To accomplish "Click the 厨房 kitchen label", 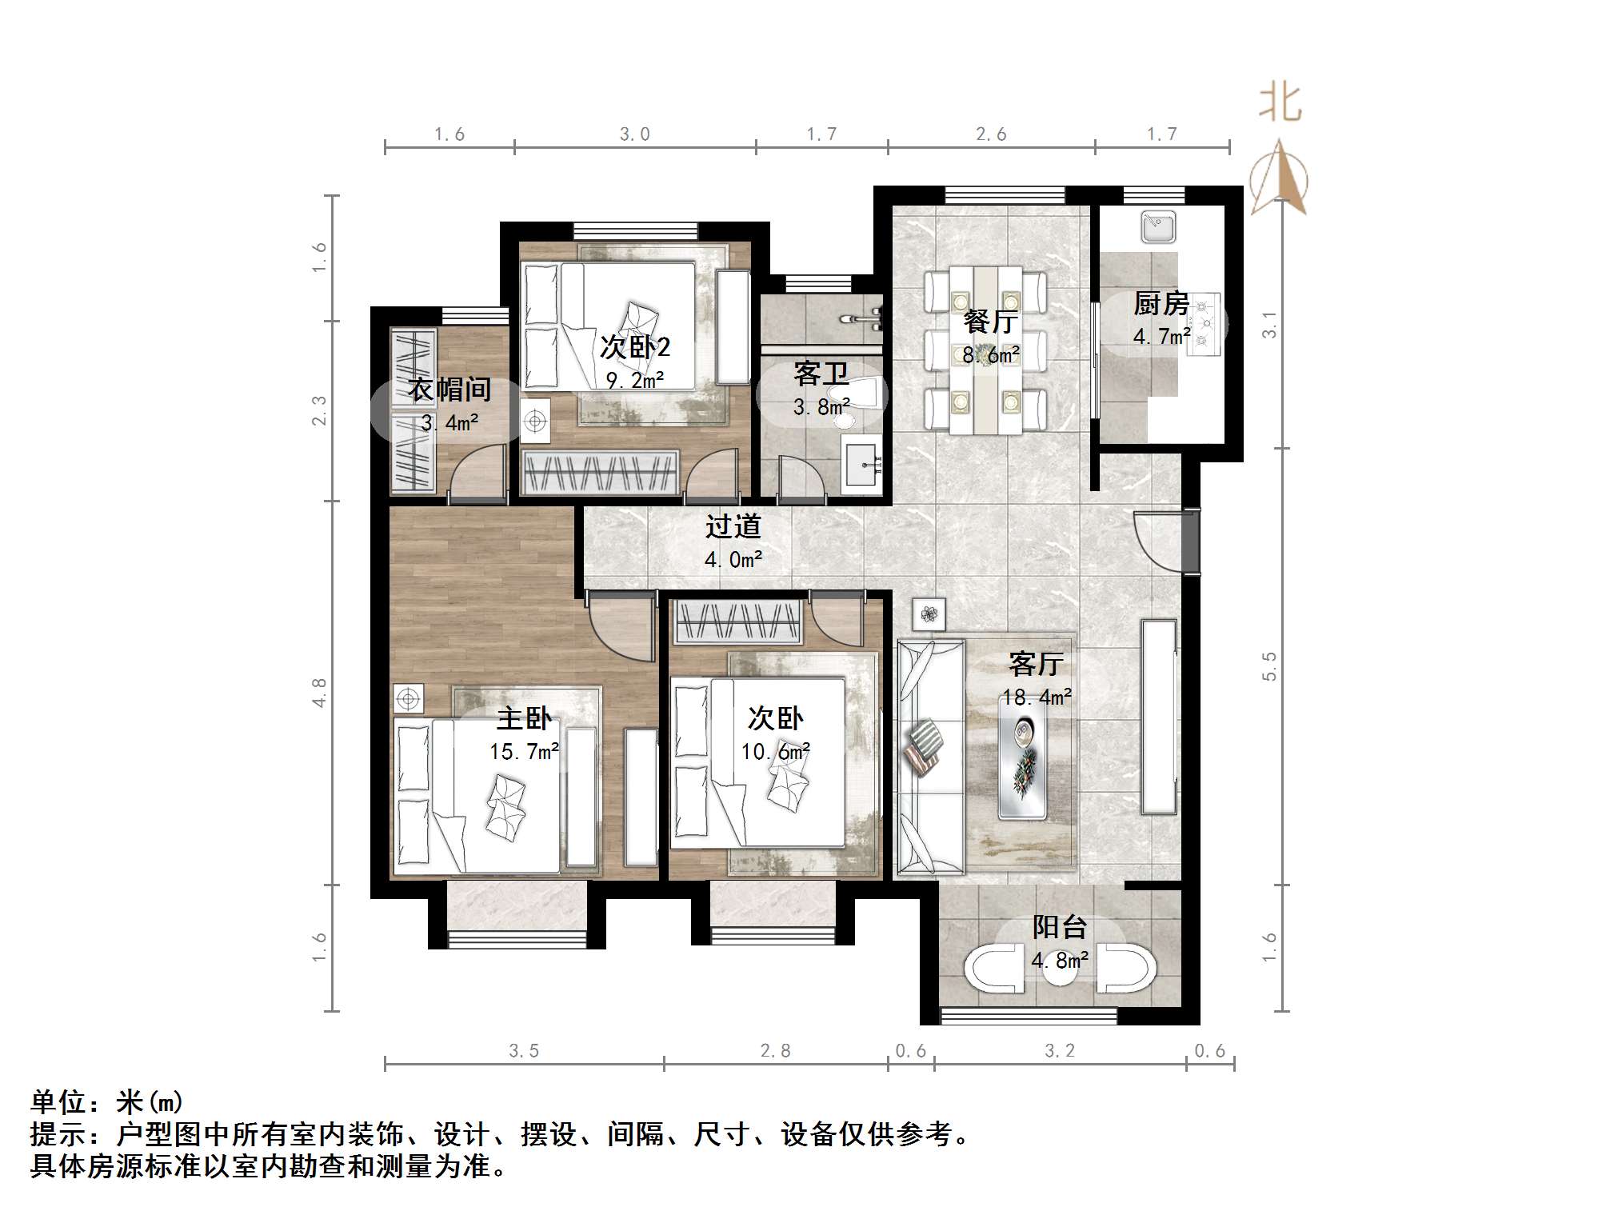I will [x=1161, y=304].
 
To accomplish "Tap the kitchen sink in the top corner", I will [x=1157, y=226].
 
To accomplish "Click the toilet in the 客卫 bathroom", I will [x=861, y=394].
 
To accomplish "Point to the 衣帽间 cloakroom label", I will [x=449, y=390].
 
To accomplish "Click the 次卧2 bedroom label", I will [x=635, y=347].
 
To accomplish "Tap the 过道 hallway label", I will [x=733, y=526].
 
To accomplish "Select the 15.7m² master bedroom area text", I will [x=524, y=752].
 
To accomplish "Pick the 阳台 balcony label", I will [x=1059, y=927].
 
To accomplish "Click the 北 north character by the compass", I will [x=1280, y=104].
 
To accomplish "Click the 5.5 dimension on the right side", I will [x=1269, y=666].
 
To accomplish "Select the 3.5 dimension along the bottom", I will [x=524, y=1051].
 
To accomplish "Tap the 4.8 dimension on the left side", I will [x=319, y=693].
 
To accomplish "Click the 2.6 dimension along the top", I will [x=991, y=134].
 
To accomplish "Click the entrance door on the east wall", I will [x=1189, y=542].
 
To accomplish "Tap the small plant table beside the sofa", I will [x=929, y=614].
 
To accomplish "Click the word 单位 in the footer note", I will [x=58, y=1102].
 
